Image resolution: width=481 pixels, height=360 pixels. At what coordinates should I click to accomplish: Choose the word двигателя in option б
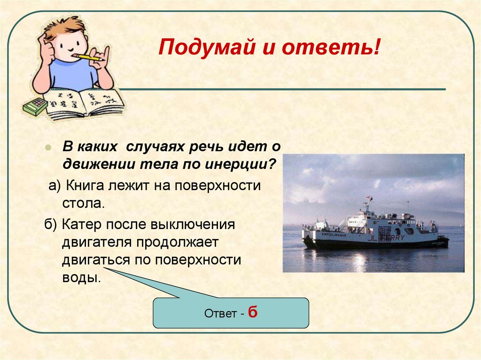pos(98,242)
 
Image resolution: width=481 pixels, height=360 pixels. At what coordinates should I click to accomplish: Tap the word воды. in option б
pos(81,277)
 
